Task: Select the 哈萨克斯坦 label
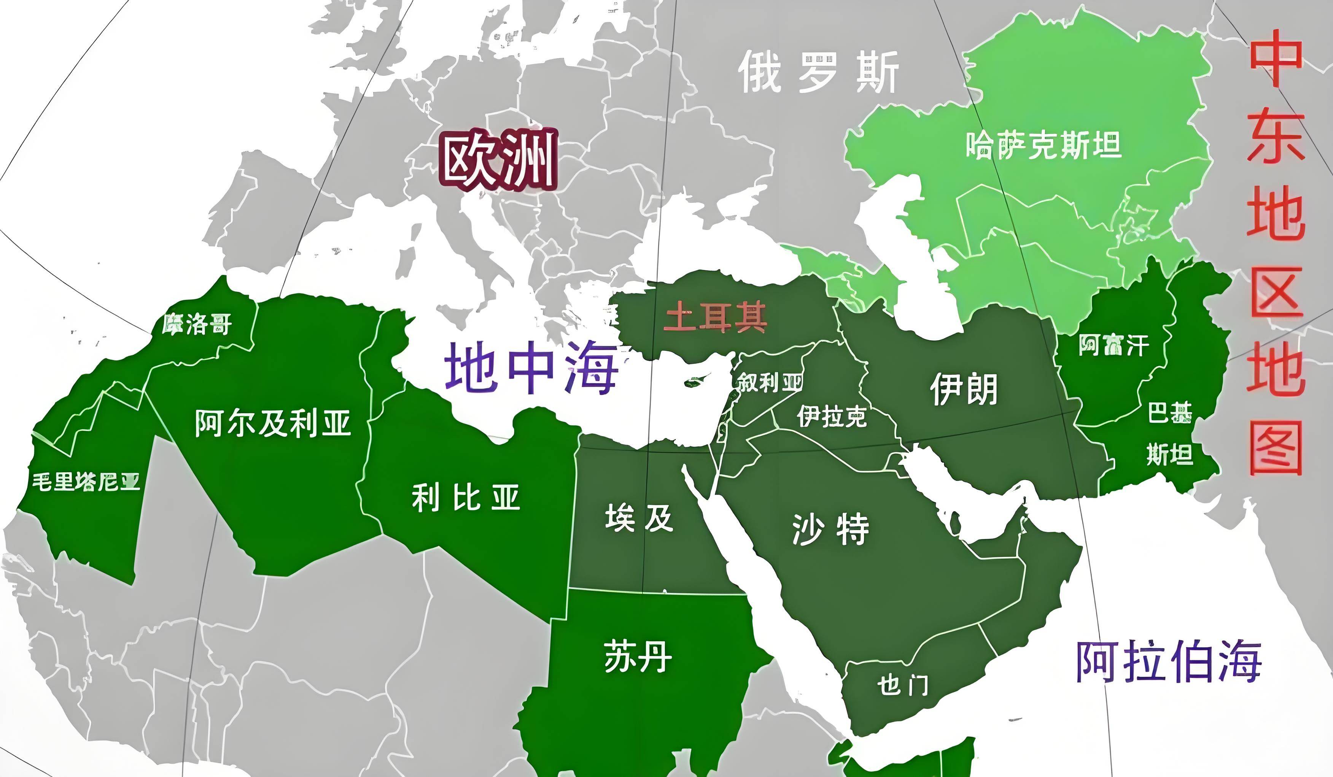[1043, 145]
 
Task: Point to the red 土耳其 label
[715, 317]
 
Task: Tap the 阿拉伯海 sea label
[1169, 661]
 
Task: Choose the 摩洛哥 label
[197, 324]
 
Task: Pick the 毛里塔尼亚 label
[86, 482]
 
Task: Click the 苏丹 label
[638, 657]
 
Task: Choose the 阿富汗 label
[1114, 346]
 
